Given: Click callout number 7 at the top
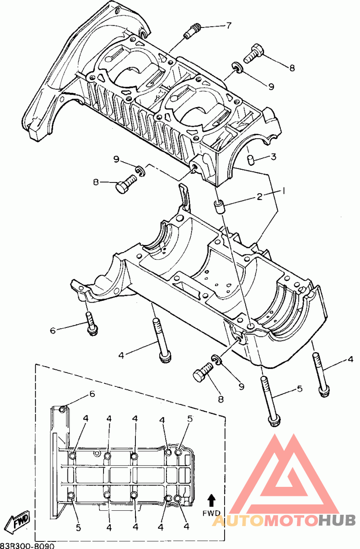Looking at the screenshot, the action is (x=229, y=25).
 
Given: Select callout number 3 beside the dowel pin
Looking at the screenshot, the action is (x=273, y=157).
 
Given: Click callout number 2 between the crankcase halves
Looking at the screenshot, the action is (x=260, y=196).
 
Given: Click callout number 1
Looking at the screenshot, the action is (x=283, y=191).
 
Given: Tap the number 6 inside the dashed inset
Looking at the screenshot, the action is (x=92, y=394).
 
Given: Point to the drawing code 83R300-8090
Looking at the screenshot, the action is (x=27, y=545).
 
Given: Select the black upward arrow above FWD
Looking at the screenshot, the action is (x=211, y=500).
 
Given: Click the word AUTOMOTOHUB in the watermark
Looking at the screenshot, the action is (x=284, y=521).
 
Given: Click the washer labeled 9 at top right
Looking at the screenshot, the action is (x=238, y=68).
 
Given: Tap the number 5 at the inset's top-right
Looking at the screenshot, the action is (x=189, y=418).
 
